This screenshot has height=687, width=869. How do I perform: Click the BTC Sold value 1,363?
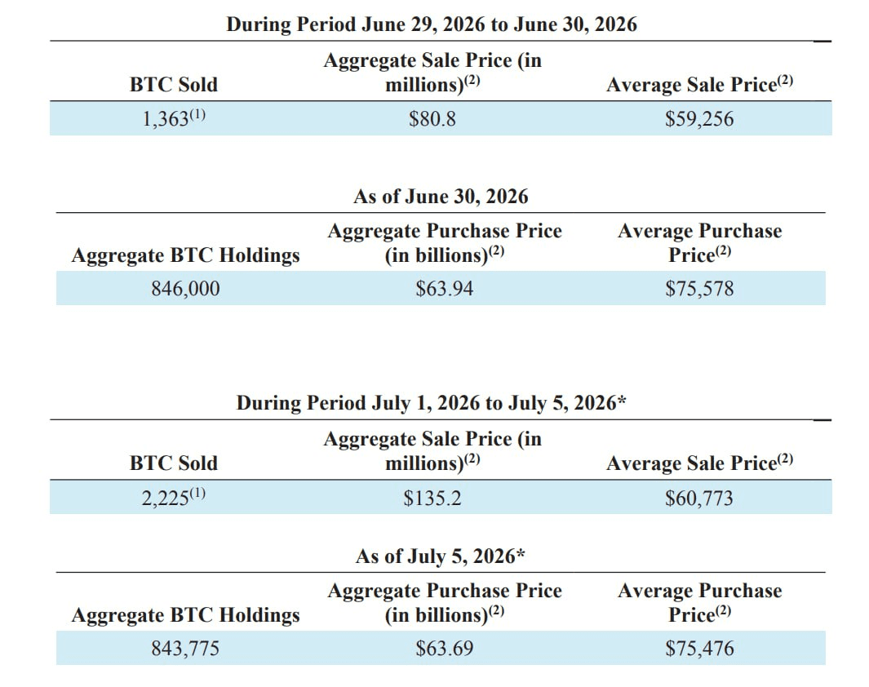click(x=166, y=120)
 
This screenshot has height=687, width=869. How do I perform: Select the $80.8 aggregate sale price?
click(x=432, y=119)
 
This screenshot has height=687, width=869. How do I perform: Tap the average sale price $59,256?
click(x=699, y=119)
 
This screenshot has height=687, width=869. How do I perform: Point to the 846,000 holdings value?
click(x=186, y=289)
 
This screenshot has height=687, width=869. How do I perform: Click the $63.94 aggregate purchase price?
click(x=445, y=289)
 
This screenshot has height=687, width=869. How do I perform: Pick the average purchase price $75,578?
click(x=699, y=289)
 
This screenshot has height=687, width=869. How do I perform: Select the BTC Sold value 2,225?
click(x=165, y=499)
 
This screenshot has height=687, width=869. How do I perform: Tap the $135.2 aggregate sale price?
click(x=432, y=499)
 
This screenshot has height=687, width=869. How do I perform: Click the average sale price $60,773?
click(x=699, y=499)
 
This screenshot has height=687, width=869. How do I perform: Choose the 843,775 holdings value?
click(x=186, y=649)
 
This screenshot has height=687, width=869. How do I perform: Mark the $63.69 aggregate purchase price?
click(x=445, y=649)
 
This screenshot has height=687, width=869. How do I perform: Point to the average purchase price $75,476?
click(x=699, y=649)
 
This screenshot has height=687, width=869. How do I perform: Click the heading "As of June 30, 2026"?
click(x=441, y=197)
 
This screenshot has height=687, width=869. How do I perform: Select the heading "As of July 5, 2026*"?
click(x=441, y=556)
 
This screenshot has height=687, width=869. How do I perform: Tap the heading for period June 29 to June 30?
click(x=432, y=24)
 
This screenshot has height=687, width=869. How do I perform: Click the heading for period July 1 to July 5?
click(x=431, y=403)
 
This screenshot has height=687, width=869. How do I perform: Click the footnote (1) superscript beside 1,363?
click(x=197, y=114)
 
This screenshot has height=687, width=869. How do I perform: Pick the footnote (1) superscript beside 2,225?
click(x=197, y=493)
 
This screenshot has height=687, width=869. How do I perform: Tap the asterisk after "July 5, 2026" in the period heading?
click(x=622, y=399)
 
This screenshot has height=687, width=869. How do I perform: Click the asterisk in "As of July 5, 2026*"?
click(x=521, y=552)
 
